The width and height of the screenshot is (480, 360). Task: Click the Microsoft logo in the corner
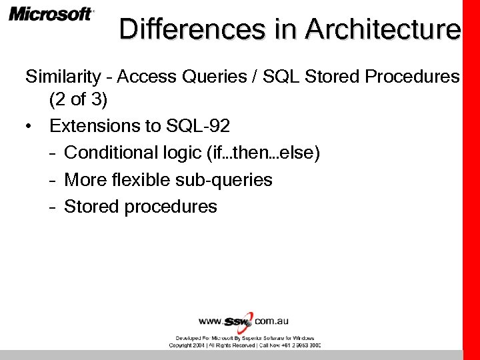click(51, 14)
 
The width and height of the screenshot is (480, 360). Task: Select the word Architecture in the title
click(383, 29)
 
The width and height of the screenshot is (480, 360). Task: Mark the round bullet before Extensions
click(29, 127)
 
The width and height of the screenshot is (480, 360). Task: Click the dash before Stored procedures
click(52, 207)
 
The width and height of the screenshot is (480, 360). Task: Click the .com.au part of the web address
click(271, 321)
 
